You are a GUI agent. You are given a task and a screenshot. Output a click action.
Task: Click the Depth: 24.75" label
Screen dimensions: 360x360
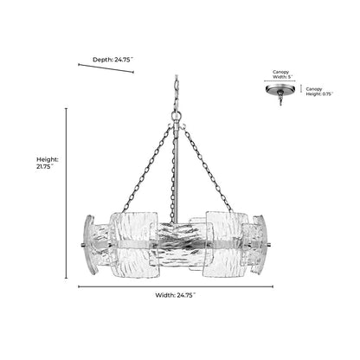point(112,60)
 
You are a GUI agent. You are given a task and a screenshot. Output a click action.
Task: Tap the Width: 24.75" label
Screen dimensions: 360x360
point(176,295)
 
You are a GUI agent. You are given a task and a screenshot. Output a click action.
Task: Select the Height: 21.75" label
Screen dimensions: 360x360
point(48,163)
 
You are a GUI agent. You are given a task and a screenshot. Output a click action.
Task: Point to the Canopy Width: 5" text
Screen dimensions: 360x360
point(282,74)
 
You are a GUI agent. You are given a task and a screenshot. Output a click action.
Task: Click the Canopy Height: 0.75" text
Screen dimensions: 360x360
point(319,92)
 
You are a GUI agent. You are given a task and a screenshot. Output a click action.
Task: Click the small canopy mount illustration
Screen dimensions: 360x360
point(280,93)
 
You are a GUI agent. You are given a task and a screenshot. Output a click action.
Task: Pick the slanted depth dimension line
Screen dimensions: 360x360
point(106,68)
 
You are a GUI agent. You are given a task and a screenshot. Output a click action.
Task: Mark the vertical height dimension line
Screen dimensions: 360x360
point(67,193)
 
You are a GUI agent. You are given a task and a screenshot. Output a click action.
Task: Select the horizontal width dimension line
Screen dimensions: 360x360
point(176,286)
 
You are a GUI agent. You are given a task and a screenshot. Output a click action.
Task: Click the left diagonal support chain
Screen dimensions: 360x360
point(147,169)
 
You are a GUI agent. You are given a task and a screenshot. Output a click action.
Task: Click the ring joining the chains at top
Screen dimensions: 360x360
point(177,116)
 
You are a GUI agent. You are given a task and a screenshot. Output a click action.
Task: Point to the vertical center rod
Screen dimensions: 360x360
point(176,173)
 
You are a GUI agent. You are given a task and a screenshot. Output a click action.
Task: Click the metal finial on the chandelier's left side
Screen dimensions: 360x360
point(82,246)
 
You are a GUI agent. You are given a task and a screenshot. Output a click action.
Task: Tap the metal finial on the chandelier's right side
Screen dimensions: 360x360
point(269,246)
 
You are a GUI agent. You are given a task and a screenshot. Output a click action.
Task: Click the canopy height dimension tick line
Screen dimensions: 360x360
point(301,88)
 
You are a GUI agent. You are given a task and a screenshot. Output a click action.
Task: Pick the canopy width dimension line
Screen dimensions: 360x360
point(280,81)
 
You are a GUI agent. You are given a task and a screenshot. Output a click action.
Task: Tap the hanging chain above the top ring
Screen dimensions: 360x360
point(177,93)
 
